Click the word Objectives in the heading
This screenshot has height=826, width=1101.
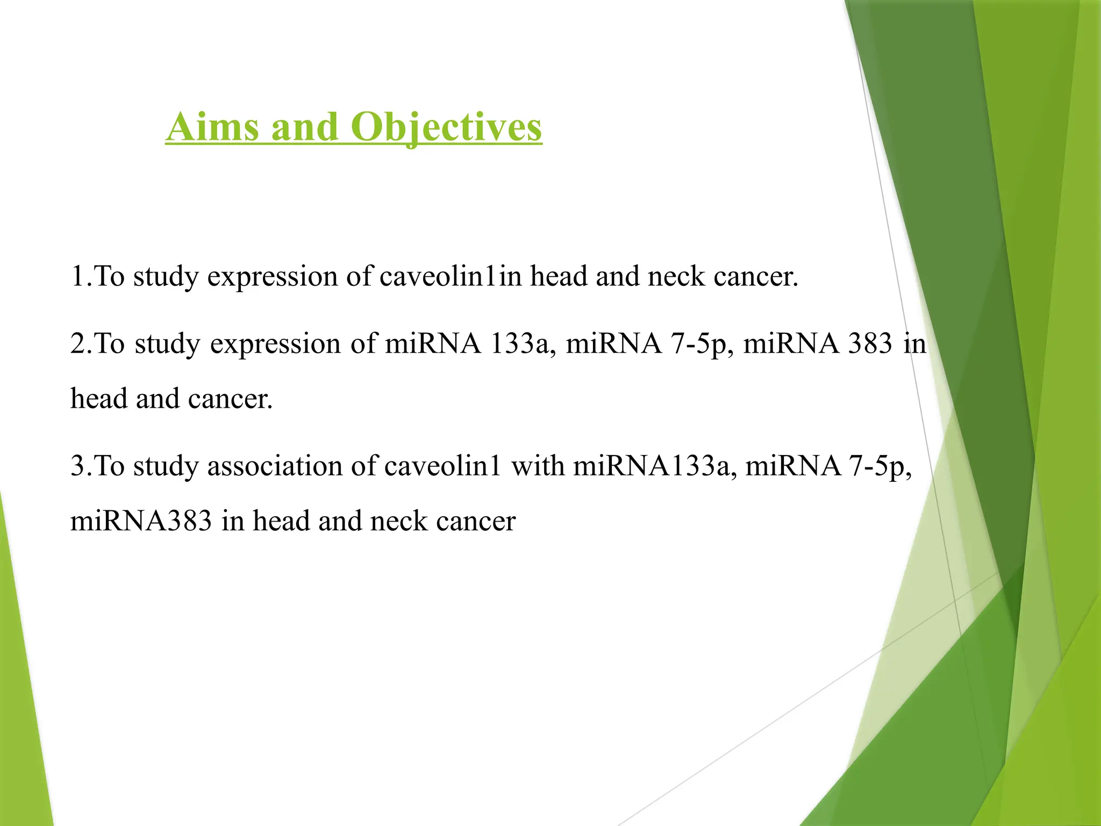pyautogui.click(x=446, y=127)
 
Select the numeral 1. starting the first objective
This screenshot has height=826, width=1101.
pyautogui.click(x=81, y=276)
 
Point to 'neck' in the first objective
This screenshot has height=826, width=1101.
pyautogui.click(x=676, y=276)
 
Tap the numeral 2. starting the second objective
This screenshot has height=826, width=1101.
pyautogui.click(x=81, y=344)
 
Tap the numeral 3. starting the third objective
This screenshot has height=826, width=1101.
pyautogui.click(x=81, y=466)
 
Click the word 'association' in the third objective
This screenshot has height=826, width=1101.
pyautogui.click(x=275, y=466)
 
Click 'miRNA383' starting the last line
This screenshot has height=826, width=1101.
pyautogui.click(x=141, y=521)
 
